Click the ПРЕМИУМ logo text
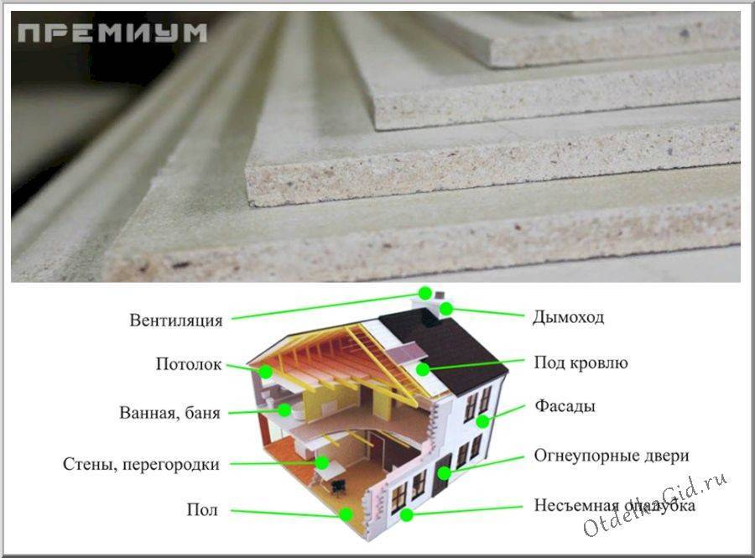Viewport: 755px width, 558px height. point(112,34)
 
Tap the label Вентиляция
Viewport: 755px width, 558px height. point(176,321)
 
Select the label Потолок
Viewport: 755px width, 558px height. point(188,364)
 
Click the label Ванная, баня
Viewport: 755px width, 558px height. point(169,413)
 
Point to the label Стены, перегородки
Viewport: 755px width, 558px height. point(141,465)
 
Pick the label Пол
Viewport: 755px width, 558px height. point(202,509)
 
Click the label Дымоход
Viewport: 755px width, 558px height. point(568,318)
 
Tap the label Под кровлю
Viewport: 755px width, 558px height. point(581,363)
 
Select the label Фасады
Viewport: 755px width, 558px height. point(565,406)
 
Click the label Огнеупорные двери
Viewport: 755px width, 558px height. point(612,456)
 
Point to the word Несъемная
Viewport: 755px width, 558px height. point(576,505)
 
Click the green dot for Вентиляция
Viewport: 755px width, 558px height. point(424,293)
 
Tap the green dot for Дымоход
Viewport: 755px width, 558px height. point(446,309)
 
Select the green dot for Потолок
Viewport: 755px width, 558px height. point(266,372)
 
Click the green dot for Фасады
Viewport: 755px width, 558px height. point(482,421)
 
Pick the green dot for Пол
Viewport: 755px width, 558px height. point(346,514)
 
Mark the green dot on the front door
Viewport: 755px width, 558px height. point(444,473)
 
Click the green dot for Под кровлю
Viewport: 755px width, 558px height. point(423,369)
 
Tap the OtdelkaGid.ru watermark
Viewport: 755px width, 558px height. point(656,504)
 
